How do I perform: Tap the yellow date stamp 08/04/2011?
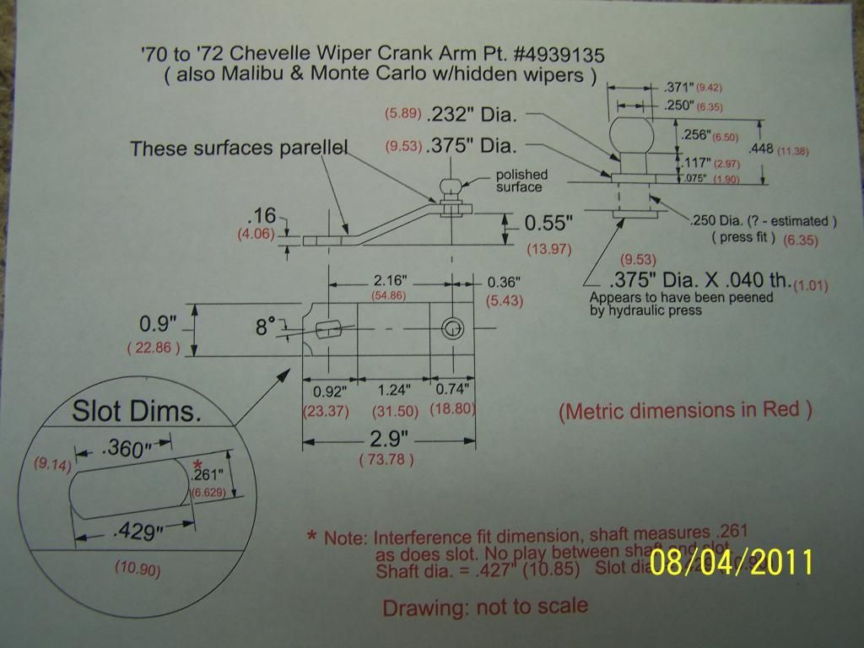tap(732, 562)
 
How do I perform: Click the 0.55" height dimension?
tap(549, 224)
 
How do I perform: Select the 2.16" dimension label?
tap(391, 278)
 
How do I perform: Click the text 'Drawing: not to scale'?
tap(484, 607)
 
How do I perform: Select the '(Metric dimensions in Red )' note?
tap(685, 411)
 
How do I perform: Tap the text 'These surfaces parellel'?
tap(239, 149)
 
